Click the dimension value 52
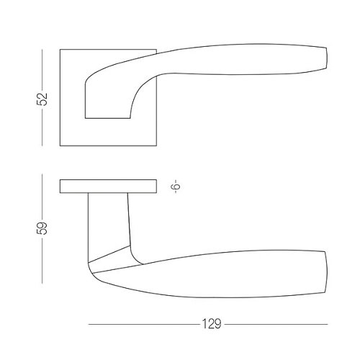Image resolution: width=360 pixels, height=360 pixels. pyautogui.click(x=42, y=99)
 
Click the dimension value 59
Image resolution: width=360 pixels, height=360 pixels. pyautogui.click(x=42, y=228)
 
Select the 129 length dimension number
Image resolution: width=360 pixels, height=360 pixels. pyautogui.click(x=212, y=324)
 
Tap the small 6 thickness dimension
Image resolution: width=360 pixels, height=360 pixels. pyautogui.click(x=176, y=186)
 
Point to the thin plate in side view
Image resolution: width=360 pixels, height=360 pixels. pyautogui.click(x=108, y=186)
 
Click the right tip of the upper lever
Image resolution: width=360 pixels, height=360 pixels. pyautogui.click(x=327, y=58)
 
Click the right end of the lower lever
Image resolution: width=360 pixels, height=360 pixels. pyautogui.click(x=326, y=272)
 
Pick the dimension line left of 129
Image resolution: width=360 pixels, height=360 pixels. pyautogui.click(x=144, y=324)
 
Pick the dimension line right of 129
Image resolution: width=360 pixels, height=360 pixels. pyautogui.click(x=276, y=324)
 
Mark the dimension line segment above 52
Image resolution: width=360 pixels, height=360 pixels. pyautogui.click(x=42, y=70)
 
